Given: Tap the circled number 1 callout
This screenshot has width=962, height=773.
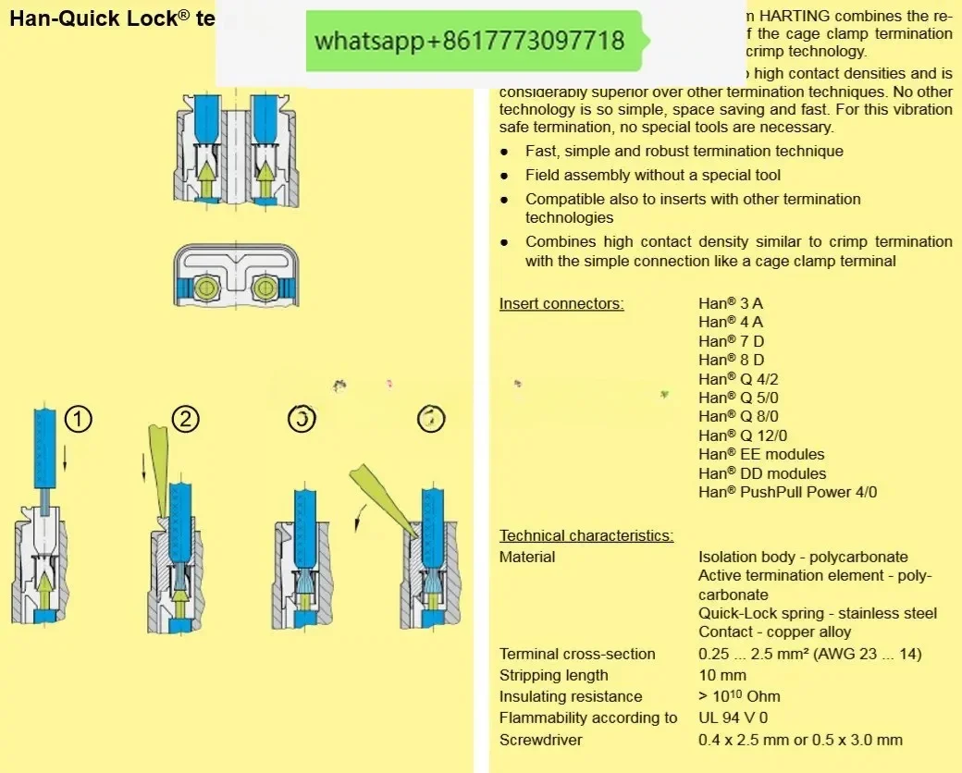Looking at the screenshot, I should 79,420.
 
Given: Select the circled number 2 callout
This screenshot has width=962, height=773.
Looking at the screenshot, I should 185,420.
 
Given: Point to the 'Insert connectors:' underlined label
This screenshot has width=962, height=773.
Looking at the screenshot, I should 561,303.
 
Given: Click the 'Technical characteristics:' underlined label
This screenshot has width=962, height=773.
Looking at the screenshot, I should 586,535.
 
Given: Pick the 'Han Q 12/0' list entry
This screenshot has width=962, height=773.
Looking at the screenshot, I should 743,436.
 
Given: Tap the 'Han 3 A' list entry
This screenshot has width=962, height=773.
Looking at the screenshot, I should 731,302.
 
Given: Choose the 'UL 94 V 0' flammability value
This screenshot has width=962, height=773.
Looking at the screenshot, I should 733,718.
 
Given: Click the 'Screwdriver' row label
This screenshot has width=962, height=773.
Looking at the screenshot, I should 541,740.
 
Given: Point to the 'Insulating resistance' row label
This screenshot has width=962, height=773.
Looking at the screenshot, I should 571,696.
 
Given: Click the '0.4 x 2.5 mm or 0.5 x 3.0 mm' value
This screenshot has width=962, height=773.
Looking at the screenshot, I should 800,740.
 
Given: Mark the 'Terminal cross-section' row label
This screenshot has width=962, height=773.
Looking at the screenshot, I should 577,654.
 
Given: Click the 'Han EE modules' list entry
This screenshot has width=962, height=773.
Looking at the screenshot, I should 761,454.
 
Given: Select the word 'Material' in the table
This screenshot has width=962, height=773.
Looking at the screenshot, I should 527,557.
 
